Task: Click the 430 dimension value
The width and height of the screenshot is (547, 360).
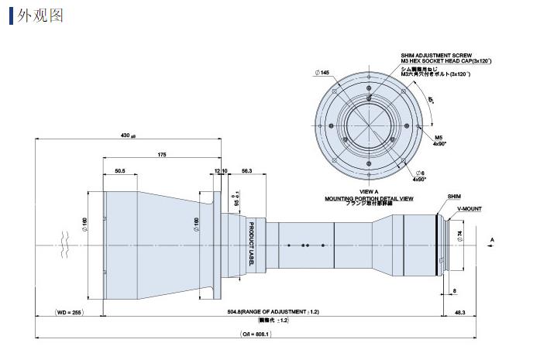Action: [126, 135]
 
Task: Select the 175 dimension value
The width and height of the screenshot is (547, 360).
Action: [161, 155]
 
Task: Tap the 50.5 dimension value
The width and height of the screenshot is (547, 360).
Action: [120, 171]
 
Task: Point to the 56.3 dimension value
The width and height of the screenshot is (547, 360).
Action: [246, 171]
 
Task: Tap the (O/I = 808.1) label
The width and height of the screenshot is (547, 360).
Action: [256, 334]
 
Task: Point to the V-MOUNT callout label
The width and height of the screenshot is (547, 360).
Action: [468, 208]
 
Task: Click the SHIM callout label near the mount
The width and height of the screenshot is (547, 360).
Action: [454, 197]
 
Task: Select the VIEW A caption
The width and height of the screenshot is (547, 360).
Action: [370, 191]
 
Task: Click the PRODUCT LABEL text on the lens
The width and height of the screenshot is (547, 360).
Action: [252, 243]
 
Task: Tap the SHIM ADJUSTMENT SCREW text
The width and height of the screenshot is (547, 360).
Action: [428, 56]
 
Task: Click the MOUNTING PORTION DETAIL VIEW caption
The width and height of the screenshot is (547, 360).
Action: [369, 198]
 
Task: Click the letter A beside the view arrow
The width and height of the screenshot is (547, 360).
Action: [493, 239]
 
